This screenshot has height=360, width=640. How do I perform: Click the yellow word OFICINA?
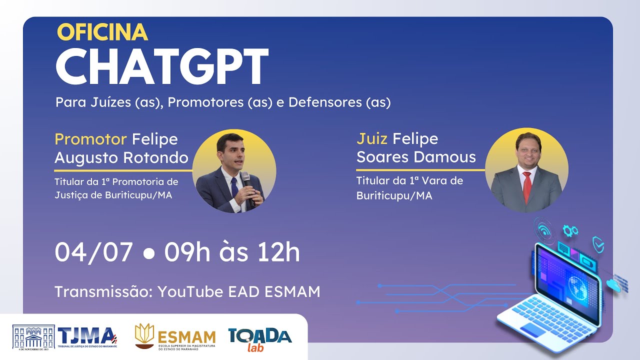102,32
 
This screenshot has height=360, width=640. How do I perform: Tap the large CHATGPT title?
161,67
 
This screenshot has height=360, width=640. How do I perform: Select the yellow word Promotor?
91,139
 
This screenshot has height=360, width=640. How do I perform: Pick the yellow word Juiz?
372,138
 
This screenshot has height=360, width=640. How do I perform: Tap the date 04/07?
93,252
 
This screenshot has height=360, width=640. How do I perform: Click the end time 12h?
277,252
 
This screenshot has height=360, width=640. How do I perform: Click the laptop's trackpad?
534,330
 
